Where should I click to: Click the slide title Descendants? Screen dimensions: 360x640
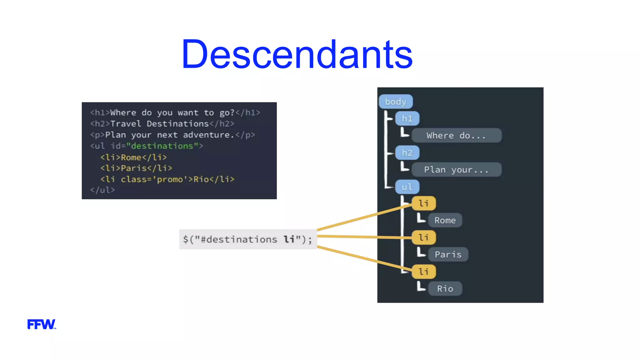click(x=297, y=55)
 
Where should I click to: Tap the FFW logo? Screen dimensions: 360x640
click(x=41, y=324)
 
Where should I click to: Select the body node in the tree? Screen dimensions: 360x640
click(x=396, y=102)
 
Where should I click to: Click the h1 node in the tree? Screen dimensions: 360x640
click(x=407, y=119)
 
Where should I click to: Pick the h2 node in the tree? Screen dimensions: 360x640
click(x=407, y=153)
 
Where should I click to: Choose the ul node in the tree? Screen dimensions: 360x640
click(x=407, y=187)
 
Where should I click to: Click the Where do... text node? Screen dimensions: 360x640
click(x=456, y=136)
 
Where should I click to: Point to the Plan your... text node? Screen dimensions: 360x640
click(x=456, y=170)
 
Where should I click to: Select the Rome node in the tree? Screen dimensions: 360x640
click(x=445, y=220)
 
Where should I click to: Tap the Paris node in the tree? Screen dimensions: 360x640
click(x=448, y=254)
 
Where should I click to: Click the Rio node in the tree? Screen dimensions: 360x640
click(x=445, y=288)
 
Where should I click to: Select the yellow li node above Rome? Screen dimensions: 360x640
click(x=423, y=203)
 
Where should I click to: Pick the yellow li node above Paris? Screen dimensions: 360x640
click(x=423, y=237)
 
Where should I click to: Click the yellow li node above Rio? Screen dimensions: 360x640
click(x=423, y=272)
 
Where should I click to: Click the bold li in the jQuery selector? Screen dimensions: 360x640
click(x=289, y=239)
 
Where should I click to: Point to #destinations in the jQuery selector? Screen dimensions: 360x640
click(x=239, y=239)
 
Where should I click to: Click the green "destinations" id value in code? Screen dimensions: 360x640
click(x=162, y=146)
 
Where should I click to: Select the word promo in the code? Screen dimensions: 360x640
click(x=170, y=179)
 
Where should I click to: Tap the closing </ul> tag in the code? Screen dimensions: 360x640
click(x=102, y=190)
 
